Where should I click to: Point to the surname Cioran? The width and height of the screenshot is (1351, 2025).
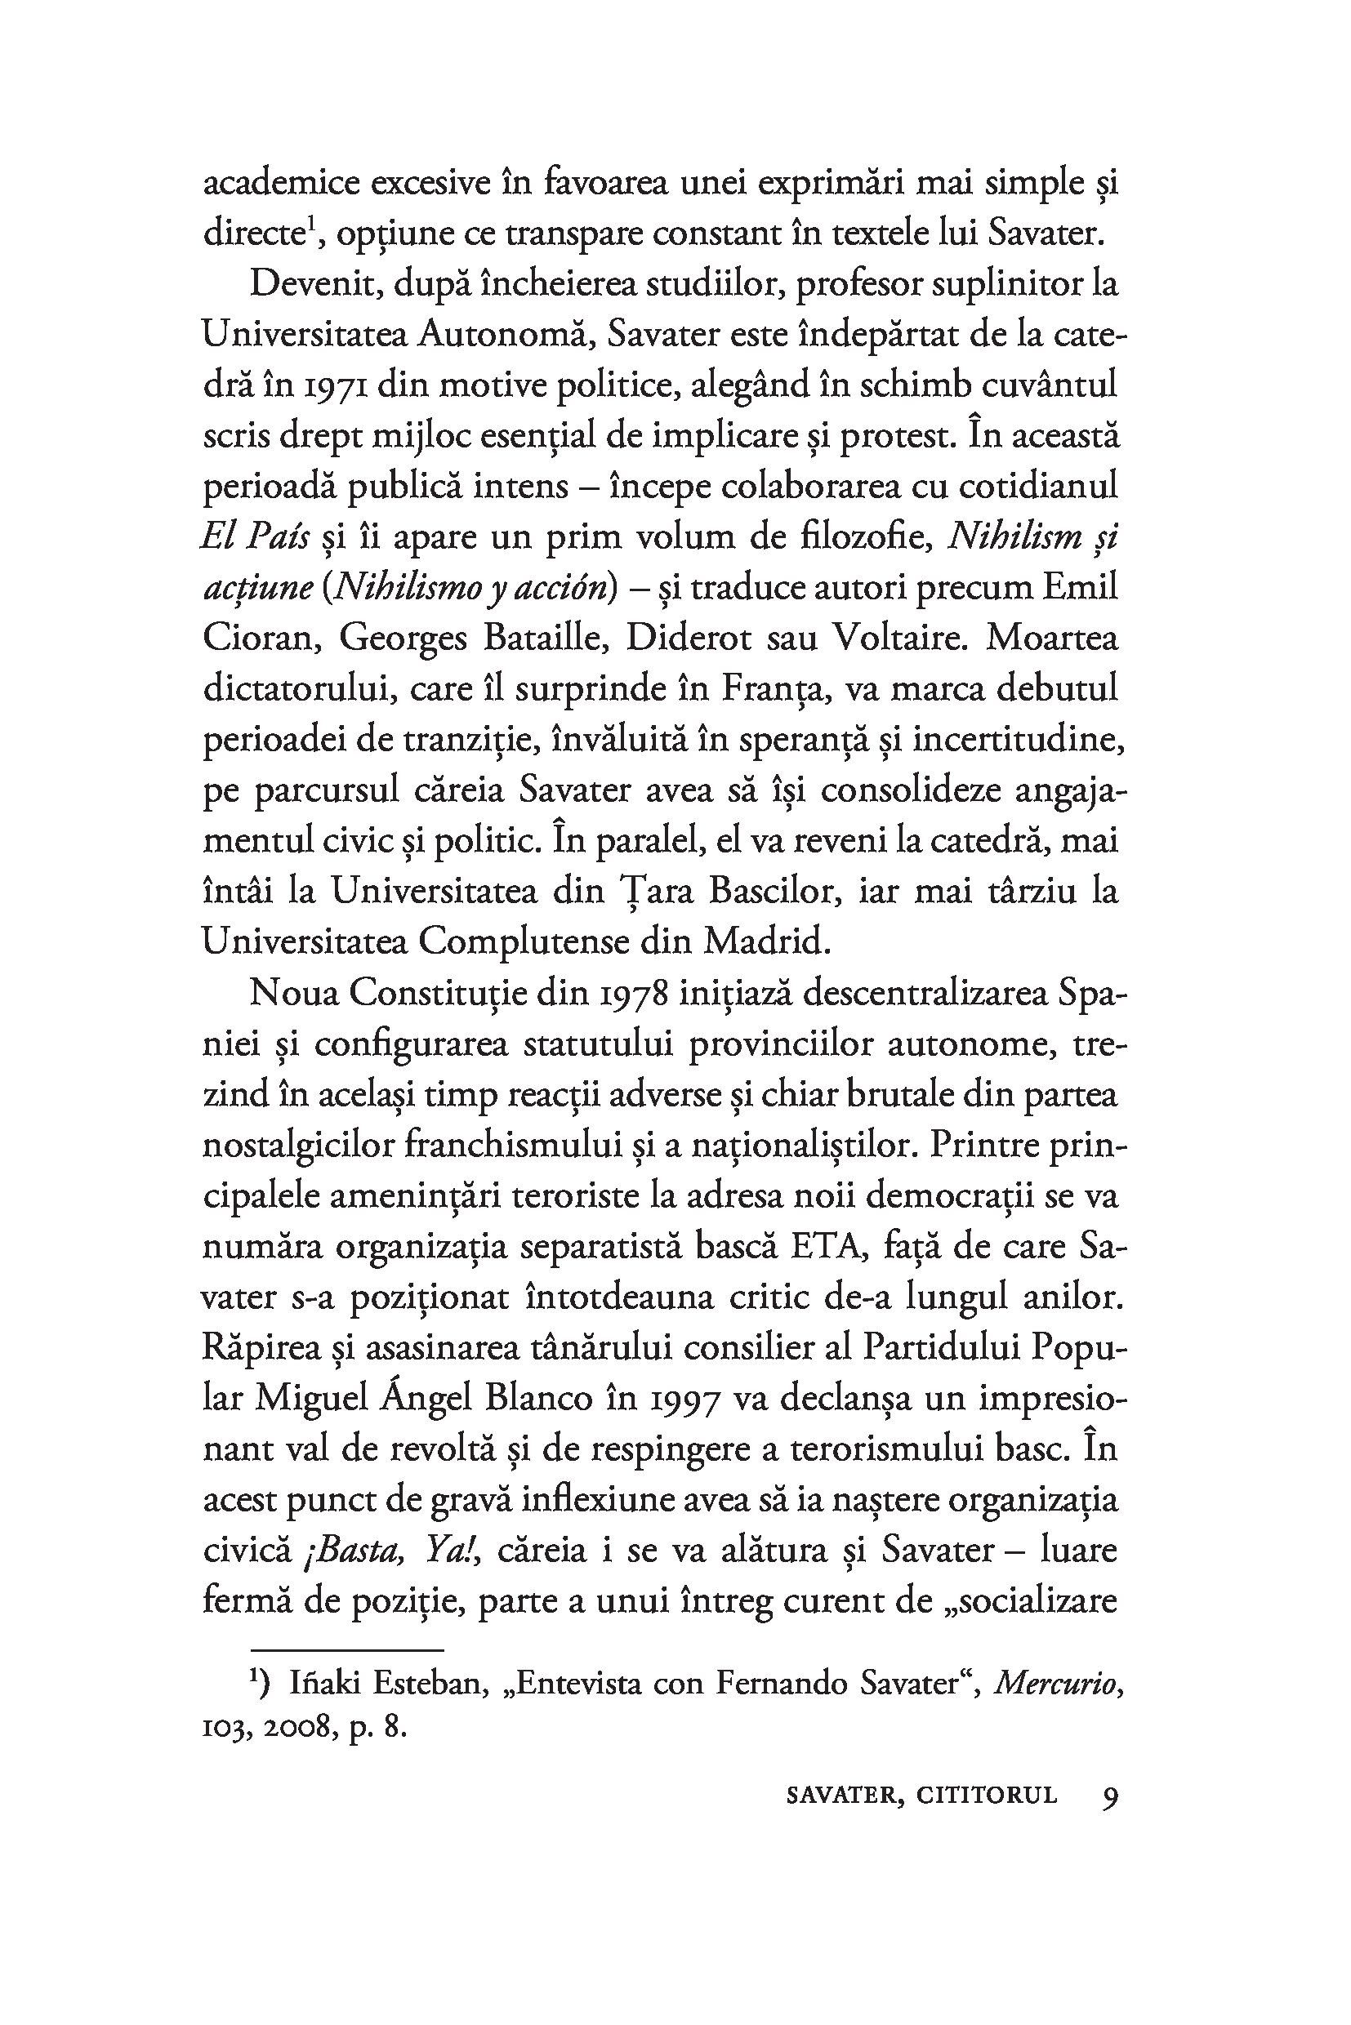click(262, 639)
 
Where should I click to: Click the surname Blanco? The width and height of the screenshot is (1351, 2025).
click(538, 1400)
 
